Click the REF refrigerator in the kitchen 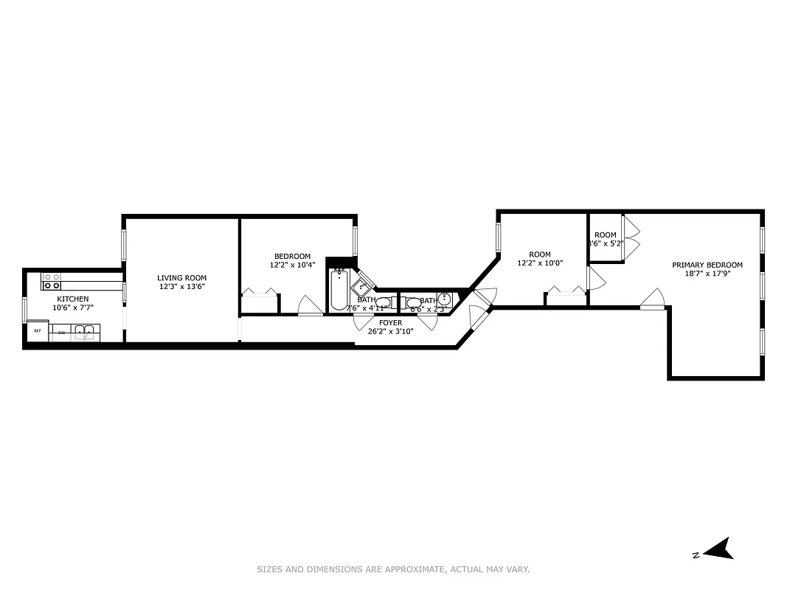[37, 332]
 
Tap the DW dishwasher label [62, 333]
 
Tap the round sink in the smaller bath [445, 299]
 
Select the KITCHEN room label [73, 299]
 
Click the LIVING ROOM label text [181, 278]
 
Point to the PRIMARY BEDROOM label [707, 265]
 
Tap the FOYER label [391, 323]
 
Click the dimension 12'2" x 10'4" [292, 265]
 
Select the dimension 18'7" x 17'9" [707, 274]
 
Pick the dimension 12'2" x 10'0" [540, 263]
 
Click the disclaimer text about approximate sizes [393, 569]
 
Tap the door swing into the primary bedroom [653, 299]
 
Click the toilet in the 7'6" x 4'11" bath [383, 302]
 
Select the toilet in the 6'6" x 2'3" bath [413, 302]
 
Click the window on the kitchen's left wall [24, 309]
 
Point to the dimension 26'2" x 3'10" [391, 332]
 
